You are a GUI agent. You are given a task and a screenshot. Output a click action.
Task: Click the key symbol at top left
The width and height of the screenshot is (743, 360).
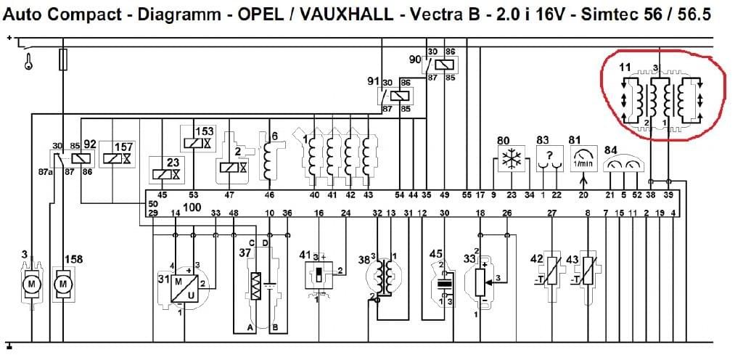[x=28, y=62]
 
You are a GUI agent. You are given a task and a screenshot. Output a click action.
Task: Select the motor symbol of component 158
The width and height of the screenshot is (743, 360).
[x=64, y=282]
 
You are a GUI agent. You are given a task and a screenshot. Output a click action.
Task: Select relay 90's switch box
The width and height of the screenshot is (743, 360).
[x=440, y=65]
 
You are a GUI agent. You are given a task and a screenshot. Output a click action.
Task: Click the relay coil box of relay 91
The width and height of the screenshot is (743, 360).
[x=398, y=96]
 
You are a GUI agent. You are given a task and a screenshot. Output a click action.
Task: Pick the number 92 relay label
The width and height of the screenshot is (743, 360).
[x=90, y=144]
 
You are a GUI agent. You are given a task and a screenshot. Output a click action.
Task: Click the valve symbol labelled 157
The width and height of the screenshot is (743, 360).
[x=118, y=158]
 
